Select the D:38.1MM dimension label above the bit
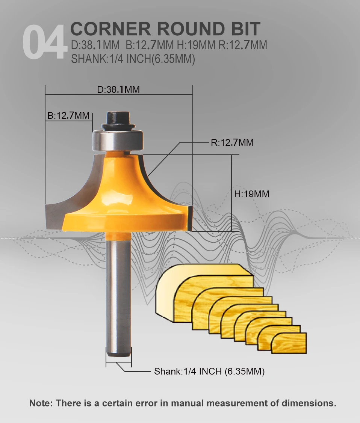click(x=118, y=89)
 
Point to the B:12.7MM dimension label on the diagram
click(x=68, y=115)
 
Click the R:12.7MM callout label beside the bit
click(x=232, y=142)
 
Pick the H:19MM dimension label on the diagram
click(x=251, y=194)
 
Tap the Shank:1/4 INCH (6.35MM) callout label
click(x=209, y=372)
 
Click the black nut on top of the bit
click(x=118, y=120)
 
